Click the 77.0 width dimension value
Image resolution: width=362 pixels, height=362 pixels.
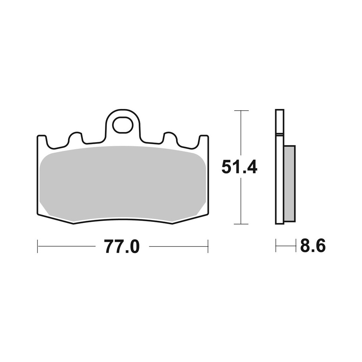122,247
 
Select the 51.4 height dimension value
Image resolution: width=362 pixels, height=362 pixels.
239,167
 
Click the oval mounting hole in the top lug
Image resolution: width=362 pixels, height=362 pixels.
122,125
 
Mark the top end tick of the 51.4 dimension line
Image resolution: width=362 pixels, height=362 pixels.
241,110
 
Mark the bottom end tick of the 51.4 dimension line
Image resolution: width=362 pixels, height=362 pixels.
241,224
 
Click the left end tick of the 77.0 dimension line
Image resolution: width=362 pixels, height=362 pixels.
38,246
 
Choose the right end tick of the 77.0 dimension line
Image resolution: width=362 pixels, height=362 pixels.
208,246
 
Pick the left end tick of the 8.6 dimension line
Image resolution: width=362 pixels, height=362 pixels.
276,246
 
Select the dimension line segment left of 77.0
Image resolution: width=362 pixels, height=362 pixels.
67,246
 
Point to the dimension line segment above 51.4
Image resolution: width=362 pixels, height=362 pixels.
241,134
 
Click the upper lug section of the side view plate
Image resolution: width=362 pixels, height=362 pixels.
279,122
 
